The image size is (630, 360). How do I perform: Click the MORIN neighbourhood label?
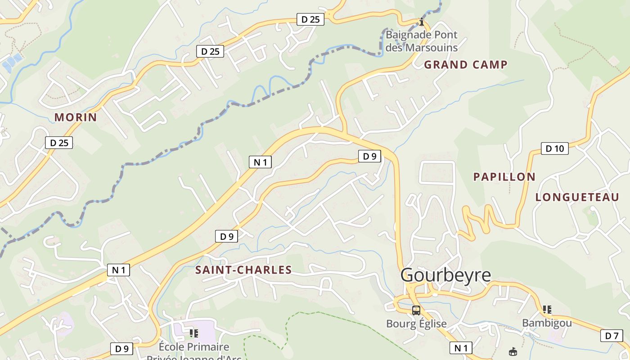pyautogui.click(x=76, y=117)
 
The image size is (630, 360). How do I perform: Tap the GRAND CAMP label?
pyautogui.click(x=466, y=65)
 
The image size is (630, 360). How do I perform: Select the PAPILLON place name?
pyautogui.click(x=504, y=177)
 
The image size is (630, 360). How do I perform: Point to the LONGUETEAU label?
pyautogui.click(x=577, y=197)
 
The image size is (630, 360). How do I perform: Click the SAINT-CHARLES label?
pyautogui.click(x=243, y=270)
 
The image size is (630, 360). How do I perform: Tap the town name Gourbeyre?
pyautogui.click(x=445, y=275)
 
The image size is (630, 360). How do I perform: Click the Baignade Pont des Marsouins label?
pyautogui.click(x=421, y=41)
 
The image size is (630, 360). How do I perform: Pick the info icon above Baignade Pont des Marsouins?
pyautogui.click(x=421, y=22)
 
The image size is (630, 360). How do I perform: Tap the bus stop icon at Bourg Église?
pyautogui.click(x=416, y=310)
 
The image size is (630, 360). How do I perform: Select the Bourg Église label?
pyautogui.click(x=416, y=324)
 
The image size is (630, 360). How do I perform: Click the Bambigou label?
pyautogui.click(x=547, y=323)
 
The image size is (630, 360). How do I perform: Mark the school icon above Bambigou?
pyautogui.click(x=547, y=310)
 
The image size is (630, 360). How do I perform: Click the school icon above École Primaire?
pyautogui.click(x=194, y=333)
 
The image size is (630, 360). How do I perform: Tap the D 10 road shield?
pyautogui.click(x=554, y=148)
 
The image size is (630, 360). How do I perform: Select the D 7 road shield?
pyautogui.click(x=612, y=336)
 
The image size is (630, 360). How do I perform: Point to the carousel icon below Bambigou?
pyautogui.click(x=513, y=351)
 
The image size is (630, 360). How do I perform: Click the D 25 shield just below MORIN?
pyautogui.click(x=59, y=143)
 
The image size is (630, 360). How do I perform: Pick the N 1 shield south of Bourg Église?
pyautogui.click(x=461, y=347)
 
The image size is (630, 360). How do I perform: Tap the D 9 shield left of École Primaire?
pyautogui.click(x=122, y=348)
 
